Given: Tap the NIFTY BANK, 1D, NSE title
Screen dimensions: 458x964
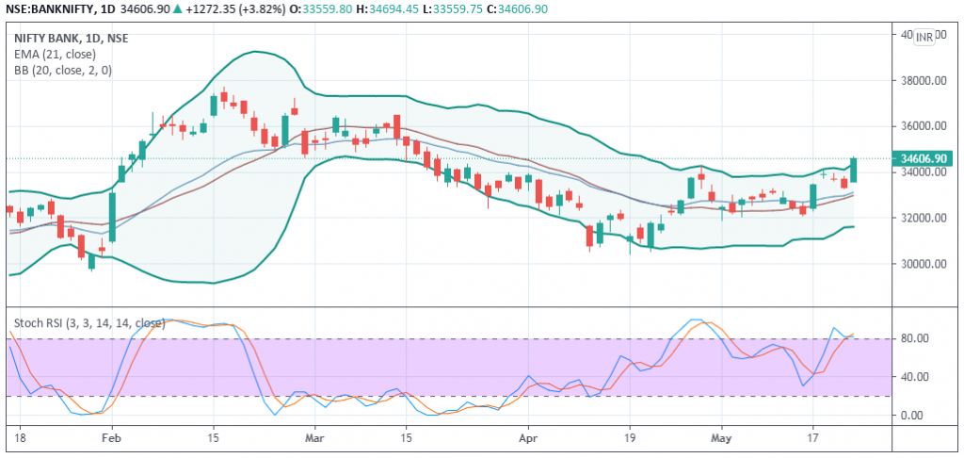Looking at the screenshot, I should pos(72,38).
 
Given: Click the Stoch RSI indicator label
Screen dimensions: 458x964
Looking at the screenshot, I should pos(89,323).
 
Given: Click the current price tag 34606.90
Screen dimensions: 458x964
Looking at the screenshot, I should pos(924,158).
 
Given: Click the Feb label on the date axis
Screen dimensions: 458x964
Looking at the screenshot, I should pos(112,438).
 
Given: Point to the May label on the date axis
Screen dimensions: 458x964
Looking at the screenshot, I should pos(722,438).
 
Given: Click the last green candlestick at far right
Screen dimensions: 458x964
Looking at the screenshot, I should pos(853,170).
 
